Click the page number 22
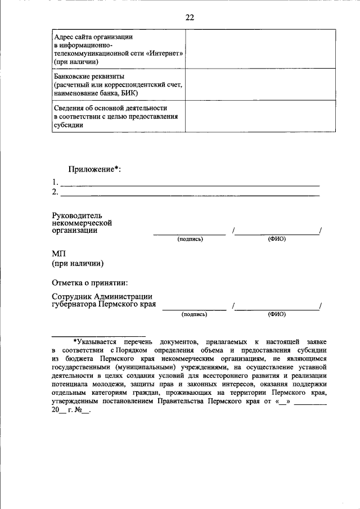(190, 17)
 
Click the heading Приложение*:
(94, 169)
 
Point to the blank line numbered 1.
(190, 184)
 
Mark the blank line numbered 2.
(190, 195)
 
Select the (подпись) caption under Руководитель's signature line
(190, 239)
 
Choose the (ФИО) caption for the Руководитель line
(277, 239)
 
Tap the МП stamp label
(59, 254)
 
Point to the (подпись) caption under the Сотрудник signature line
(195, 314)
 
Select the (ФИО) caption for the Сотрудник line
(277, 314)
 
